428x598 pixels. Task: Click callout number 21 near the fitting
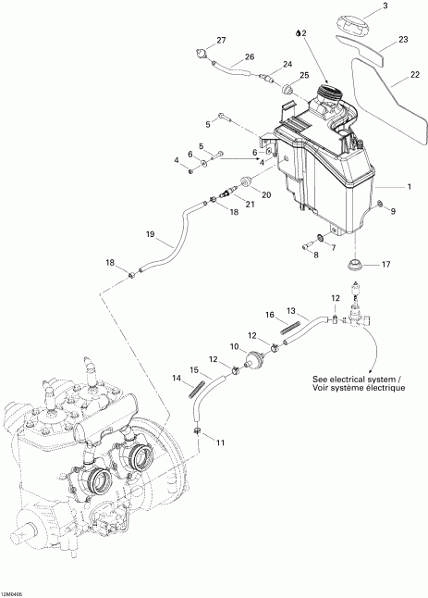[249, 204]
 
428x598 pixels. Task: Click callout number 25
[303, 74]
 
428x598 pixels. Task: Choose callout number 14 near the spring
[175, 378]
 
